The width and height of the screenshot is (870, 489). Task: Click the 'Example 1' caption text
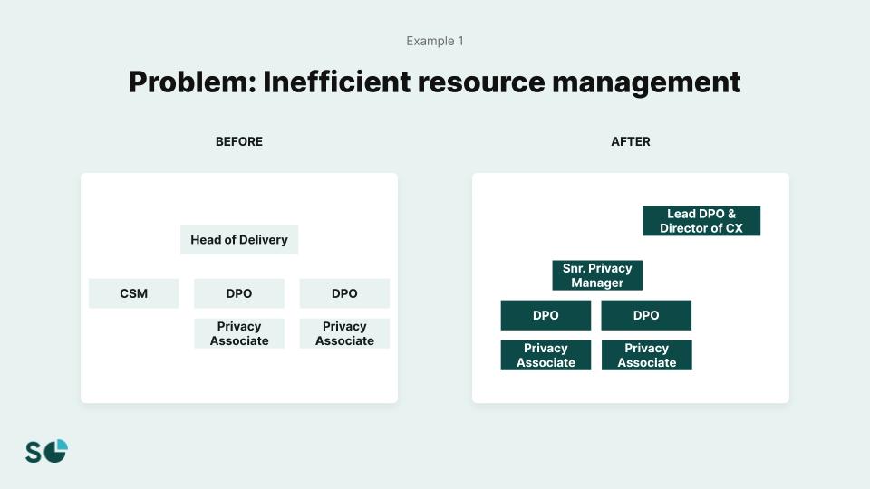435,41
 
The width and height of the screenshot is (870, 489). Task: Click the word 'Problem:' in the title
191,82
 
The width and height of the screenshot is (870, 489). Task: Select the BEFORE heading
239,141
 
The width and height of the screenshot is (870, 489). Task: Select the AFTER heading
631,141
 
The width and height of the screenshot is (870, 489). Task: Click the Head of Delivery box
239,240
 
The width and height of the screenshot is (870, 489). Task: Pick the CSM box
133,293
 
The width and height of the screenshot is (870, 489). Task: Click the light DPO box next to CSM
239,293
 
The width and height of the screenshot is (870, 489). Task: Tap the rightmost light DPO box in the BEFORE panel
344,293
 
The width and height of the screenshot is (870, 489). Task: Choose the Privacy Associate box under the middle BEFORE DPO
239,333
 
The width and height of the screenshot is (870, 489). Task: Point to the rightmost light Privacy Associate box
344,333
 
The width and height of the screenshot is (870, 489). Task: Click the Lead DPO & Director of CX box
701,221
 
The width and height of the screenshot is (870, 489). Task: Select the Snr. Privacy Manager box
597,275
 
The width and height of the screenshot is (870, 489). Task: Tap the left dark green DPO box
546,315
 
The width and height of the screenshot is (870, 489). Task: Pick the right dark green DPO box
646,315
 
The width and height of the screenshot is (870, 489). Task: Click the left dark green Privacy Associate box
546,355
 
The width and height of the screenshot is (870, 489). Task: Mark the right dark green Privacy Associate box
646,355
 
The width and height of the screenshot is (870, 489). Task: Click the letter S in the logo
34,453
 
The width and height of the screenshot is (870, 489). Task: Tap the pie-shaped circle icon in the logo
57,450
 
